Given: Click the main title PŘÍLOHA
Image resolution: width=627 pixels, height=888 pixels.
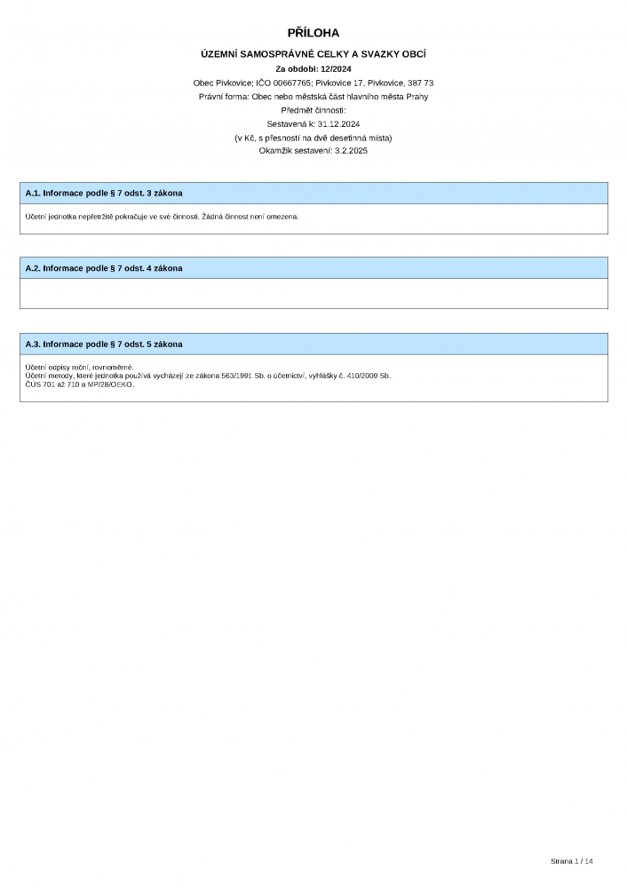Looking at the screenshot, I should [x=313, y=34].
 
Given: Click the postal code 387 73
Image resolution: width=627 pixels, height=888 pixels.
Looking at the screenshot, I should [x=418, y=83].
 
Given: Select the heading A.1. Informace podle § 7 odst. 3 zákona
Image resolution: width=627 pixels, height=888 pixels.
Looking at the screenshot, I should [x=104, y=193].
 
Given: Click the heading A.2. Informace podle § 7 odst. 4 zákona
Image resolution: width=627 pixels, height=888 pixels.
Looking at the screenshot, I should [x=104, y=268].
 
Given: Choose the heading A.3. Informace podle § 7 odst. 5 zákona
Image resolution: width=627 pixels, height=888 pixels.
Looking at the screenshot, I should [x=104, y=344].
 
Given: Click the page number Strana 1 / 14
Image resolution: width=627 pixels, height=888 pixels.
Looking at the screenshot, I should [x=571, y=861].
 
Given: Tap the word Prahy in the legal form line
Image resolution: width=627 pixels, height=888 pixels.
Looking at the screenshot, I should [x=417, y=96].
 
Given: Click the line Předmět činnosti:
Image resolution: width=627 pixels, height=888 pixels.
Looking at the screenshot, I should [x=313, y=110].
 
